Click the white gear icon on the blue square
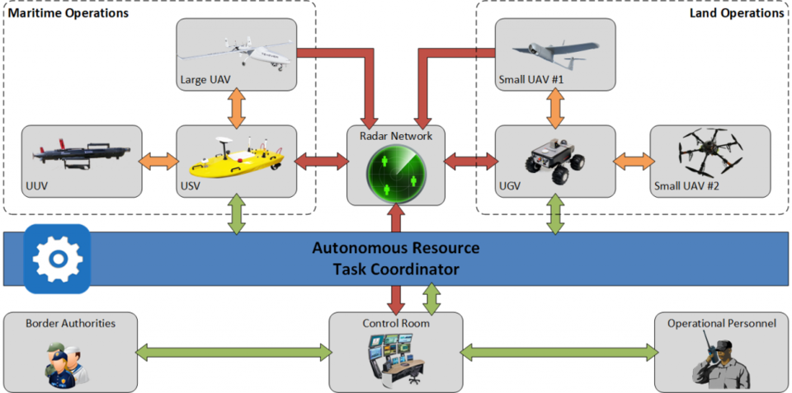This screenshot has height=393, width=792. coord(57,259)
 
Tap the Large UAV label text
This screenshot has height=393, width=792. coord(205,80)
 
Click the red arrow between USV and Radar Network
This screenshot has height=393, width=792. coord(321,161)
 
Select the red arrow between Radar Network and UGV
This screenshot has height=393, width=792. coord(469,161)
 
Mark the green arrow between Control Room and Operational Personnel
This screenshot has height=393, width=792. coord(560,353)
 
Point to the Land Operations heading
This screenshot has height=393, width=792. coord(736,14)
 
